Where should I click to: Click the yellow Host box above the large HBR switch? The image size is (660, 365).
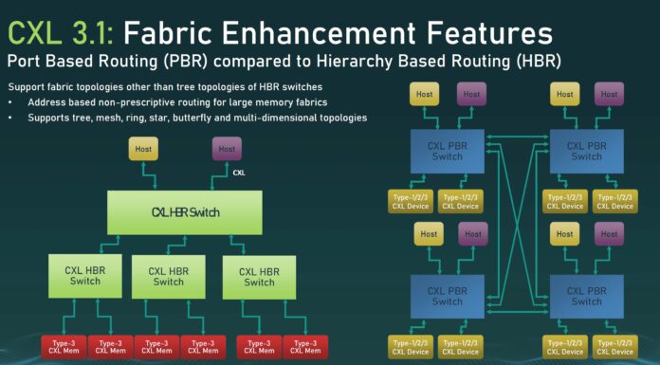coord(144,149)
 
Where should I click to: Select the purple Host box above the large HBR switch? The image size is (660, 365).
coord(226,149)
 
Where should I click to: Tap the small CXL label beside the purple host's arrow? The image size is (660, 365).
coord(240,174)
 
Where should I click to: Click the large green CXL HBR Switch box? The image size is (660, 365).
coord(185,211)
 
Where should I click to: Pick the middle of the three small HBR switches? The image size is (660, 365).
coord(168,276)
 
